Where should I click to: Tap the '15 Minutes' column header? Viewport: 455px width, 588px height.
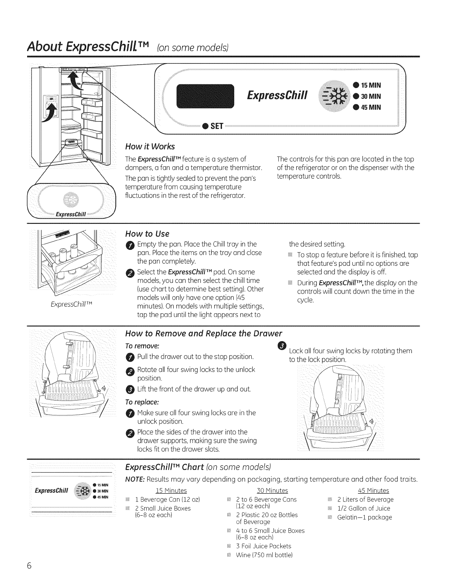(x=171, y=491)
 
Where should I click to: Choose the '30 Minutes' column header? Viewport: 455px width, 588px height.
(x=272, y=491)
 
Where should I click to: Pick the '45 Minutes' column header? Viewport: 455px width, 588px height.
(x=373, y=491)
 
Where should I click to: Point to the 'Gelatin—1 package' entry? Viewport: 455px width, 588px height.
(x=364, y=517)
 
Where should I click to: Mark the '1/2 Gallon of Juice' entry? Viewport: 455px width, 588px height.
(x=364, y=509)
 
